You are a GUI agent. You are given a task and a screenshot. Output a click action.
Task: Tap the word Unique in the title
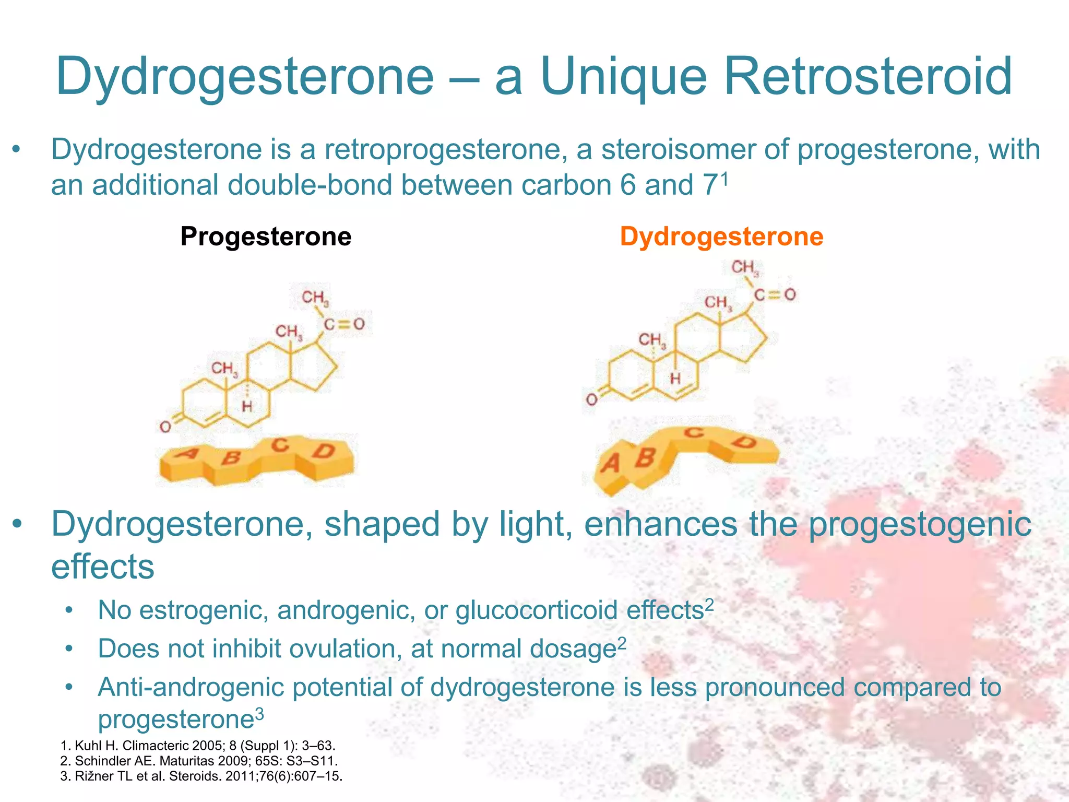click(x=623, y=77)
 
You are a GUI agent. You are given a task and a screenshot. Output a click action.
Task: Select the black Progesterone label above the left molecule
click(x=266, y=237)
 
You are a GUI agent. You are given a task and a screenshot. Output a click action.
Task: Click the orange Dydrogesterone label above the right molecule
click(x=721, y=237)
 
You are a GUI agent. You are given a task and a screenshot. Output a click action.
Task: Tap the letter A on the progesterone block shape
click(x=186, y=453)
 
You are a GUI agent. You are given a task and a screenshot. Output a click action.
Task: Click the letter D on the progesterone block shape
click(x=324, y=451)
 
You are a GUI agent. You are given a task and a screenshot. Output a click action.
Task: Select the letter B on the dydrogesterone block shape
click(x=646, y=457)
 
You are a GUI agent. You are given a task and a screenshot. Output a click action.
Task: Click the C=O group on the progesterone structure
click(x=343, y=324)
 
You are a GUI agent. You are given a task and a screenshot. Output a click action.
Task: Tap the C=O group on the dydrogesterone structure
click(x=775, y=295)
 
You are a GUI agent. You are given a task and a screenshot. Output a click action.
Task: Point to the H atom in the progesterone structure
click(x=247, y=406)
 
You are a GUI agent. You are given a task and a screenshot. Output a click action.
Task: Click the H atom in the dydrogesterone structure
click(x=675, y=378)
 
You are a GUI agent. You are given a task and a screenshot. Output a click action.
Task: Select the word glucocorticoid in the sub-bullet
click(x=537, y=610)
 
